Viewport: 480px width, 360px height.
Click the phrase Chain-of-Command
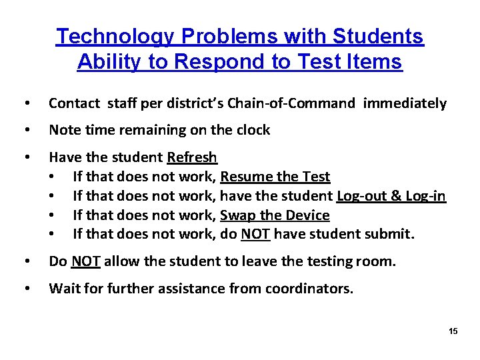coord(291,103)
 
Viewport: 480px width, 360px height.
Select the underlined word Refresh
coord(192,157)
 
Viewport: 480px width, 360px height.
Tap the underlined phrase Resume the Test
coord(275,177)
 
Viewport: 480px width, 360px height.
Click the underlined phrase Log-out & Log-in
coord(391,196)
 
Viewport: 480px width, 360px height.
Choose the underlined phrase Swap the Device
coord(275,215)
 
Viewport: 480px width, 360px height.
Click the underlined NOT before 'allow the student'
coord(86,261)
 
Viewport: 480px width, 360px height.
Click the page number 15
coord(453,331)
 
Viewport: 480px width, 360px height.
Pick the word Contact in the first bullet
coord(72,103)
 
